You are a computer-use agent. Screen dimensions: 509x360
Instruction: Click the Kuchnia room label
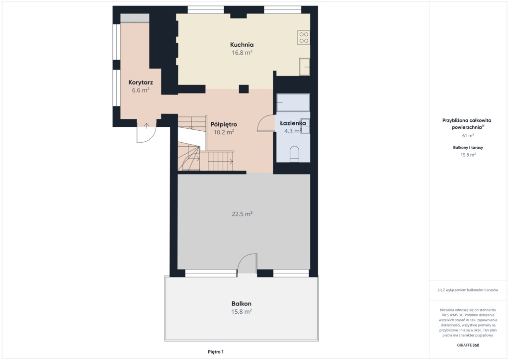pos(242,45)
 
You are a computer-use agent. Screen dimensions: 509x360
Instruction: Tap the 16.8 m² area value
pos(242,53)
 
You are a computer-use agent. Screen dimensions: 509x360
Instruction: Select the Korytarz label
pos(141,83)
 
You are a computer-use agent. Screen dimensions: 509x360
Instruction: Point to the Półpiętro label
pos(224,124)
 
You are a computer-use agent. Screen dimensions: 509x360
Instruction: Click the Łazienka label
pos(293,123)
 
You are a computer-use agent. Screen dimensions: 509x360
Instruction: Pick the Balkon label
pos(241,304)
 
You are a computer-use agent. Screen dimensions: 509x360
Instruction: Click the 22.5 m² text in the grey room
pos(242,214)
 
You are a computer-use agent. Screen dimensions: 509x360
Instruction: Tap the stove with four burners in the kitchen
pos(304,37)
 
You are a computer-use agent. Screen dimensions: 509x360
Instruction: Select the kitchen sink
pos(305,67)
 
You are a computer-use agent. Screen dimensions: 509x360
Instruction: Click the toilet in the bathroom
pos(294,154)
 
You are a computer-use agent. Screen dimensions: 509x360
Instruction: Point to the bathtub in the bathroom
pos(293,102)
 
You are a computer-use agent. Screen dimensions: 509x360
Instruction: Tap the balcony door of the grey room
pos(247,263)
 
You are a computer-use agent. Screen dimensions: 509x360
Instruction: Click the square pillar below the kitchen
pos(244,89)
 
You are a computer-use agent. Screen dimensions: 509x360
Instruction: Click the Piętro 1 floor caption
pos(216,352)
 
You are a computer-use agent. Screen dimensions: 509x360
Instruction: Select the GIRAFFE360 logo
pos(468,345)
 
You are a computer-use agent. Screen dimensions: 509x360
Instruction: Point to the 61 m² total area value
pos(468,136)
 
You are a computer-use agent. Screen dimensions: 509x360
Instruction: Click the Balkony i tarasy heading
pos(468,147)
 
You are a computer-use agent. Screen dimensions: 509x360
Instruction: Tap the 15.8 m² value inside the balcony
pos(242,312)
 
